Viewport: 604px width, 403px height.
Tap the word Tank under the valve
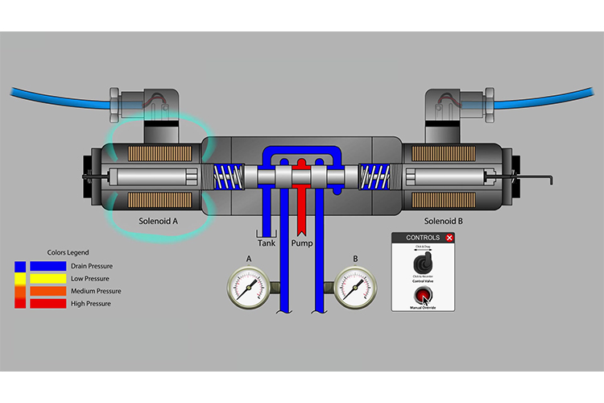[x=267, y=242]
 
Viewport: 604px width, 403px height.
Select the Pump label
[x=302, y=242]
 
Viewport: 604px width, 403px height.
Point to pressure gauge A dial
[x=248, y=286]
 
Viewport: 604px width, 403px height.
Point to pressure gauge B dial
[x=355, y=286]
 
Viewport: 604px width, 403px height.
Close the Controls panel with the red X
[x=449, y=238]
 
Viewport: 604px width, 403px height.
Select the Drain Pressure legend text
[x=92, y=266]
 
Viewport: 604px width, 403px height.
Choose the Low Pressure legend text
[x=89, y=279]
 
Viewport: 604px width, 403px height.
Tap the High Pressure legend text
[x=90, y=304]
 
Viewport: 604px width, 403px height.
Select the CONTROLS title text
[x=423, y=238]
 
